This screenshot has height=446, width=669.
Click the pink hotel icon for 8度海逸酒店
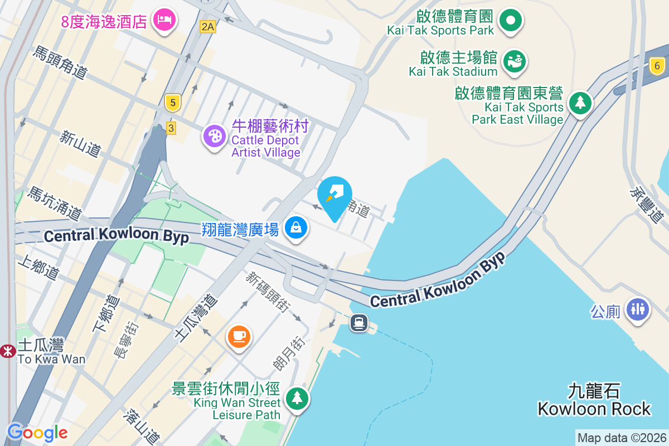164,20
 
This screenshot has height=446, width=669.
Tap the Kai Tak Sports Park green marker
510,21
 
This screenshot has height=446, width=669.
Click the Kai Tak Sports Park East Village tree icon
580,102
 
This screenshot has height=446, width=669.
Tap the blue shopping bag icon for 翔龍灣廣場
296,227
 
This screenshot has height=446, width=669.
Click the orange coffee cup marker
239,336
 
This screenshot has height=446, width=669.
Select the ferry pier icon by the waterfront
358,322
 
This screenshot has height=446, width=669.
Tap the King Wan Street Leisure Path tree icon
297,398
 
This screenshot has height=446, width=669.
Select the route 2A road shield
208,26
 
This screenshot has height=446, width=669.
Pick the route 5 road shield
173,102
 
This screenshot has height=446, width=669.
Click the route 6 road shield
657,66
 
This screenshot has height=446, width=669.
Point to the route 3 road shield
171,128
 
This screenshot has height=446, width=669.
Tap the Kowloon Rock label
594,400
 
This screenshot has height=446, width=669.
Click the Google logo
37,433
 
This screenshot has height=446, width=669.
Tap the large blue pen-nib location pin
334,196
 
